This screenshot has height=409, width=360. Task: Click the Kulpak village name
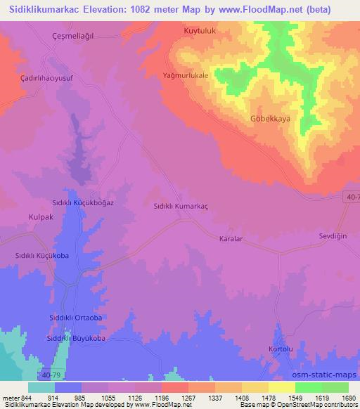41,219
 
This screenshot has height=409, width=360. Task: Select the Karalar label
231,238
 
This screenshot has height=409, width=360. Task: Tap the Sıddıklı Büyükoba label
76,339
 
